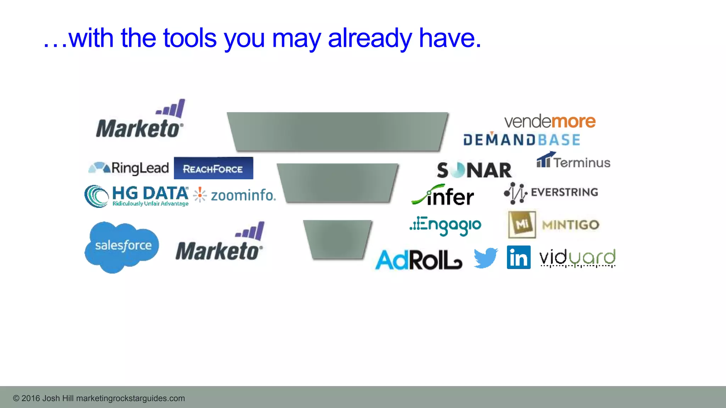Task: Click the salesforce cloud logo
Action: click(x=122, y=246)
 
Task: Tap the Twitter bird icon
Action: click(x=486, y=257)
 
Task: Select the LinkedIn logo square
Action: click(x=519, y=257)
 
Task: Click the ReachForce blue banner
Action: click(x=213, y=168)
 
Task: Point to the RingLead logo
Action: click(x=129, y=168)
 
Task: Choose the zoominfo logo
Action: click(x=235, y=195)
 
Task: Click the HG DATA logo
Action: click(x=136, y=196)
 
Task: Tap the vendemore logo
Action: click(x=550, y=121)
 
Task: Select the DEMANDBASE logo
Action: click(x=521, y=140)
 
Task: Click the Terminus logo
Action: click(x=574, y=161)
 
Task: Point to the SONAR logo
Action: click(x=474, y=170)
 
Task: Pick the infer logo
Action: click(x=443, y=195)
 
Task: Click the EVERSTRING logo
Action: click(x=551, y=192)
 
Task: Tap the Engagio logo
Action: click(x=446, y=225)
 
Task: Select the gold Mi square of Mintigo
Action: click(x=522, y=225)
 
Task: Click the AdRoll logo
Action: click(x=419, y=260)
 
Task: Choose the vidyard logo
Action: click(x=577, y=258)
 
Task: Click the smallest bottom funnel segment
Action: click(x=337, y=239)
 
